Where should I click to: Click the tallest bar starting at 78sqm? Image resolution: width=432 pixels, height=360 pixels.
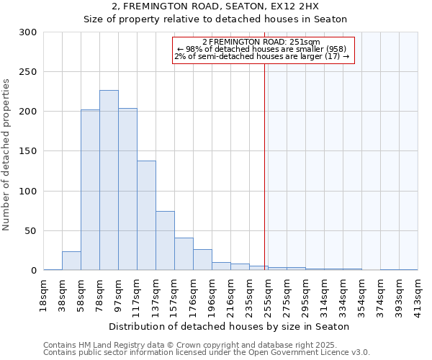coord(109,180)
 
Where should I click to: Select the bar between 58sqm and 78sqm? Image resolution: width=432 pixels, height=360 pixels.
coord(90,190)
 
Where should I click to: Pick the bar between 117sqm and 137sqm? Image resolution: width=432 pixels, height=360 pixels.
coord(146,215)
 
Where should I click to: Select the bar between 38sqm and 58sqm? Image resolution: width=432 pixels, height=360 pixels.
coord(71,261)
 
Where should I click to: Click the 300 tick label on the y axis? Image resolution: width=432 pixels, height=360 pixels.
coord(28,32)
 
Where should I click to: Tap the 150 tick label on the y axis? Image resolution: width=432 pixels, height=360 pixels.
coord(28,152)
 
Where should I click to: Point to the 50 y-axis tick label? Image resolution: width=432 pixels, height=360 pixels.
coord(31,231)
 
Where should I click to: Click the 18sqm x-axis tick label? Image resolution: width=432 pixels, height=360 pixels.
coord(43,293)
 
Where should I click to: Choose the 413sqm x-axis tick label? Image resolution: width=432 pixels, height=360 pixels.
coord(418,293)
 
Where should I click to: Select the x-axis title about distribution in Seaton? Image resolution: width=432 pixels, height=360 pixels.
coord(230,327)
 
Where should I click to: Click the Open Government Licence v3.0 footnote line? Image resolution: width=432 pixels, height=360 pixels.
coord(207,353)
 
